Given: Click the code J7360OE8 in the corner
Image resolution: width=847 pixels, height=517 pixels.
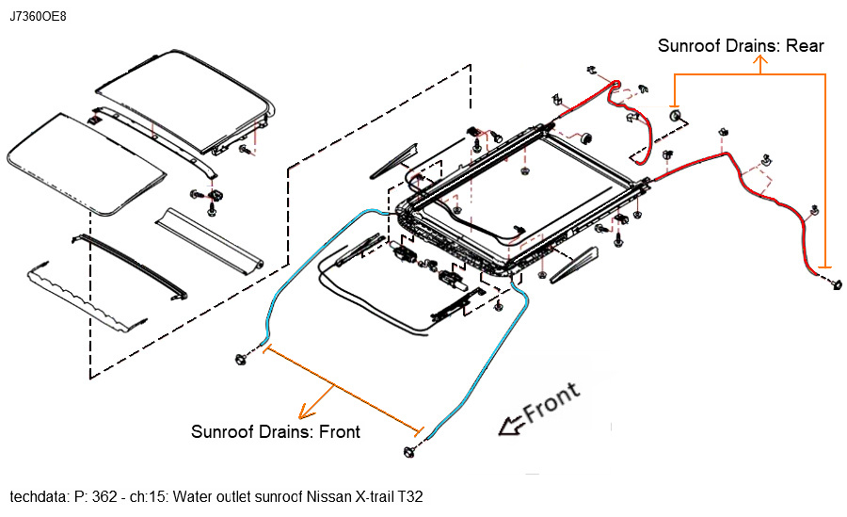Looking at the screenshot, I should pyautogui.click(x=39, y=17).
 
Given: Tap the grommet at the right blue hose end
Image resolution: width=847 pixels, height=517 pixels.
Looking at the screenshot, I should pyautogui.click(x=413, y=451).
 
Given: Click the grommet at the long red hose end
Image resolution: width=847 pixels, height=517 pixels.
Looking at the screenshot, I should pyautogui.click(x=836, y=285).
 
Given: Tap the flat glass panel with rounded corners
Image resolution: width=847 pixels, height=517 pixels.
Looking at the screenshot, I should pyautogui.click(x=86, y=164).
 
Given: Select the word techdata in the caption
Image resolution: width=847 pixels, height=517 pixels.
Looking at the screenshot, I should pyautogui.click(x=37, y=495).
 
